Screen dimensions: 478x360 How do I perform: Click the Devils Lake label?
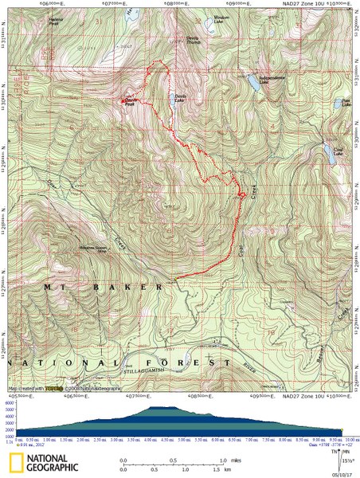181,97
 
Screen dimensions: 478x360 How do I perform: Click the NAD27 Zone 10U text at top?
299,4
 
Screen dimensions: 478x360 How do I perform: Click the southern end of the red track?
174,278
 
